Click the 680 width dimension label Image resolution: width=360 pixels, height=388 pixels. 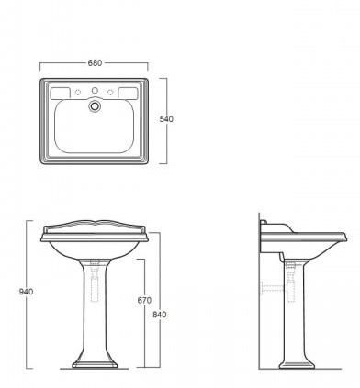point(95,63)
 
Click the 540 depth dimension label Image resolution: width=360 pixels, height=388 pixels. point(166,119)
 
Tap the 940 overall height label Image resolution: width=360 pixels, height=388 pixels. point(26,292)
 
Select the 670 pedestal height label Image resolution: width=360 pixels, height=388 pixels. point(144,301)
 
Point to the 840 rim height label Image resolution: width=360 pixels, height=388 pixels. point(160,315)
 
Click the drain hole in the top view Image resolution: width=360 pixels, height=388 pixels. point(95,105)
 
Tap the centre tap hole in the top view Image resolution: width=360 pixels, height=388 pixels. point(95,90)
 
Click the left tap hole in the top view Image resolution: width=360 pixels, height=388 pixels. point(78,92)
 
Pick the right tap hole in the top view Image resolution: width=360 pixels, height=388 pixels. point(110,92)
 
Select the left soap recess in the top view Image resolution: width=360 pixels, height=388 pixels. point(61,94)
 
